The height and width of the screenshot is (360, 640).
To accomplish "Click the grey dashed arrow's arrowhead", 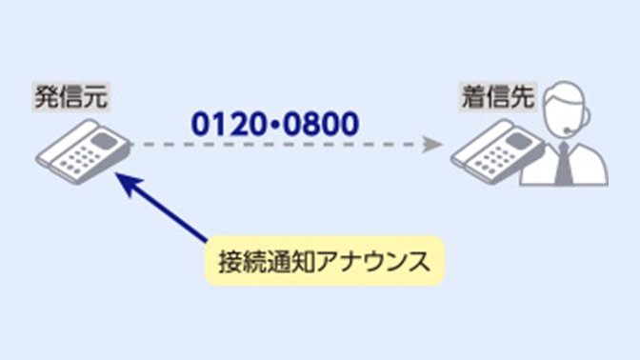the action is tap(433, 146).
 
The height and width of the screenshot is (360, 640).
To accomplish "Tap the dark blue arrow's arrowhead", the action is tap(121, 180).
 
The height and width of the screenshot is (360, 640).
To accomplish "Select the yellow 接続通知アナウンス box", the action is tap(324, 260).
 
